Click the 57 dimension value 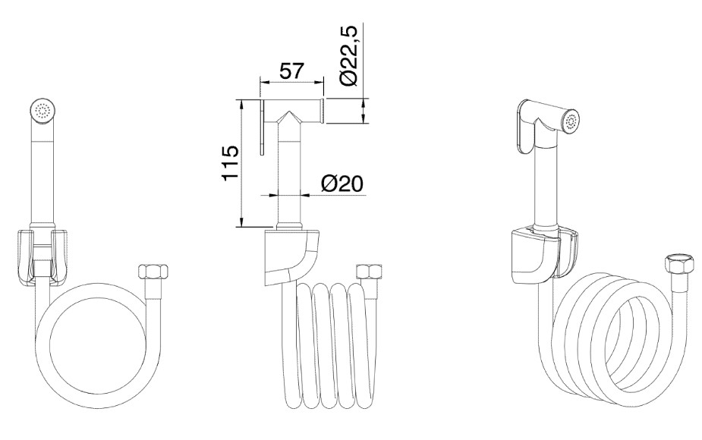coord(291,71)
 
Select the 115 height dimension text coord(231,163)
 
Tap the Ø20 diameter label coord(342,183)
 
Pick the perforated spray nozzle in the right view coord(571,121)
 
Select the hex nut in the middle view coord(369,272)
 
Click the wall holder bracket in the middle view coord(292,257)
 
